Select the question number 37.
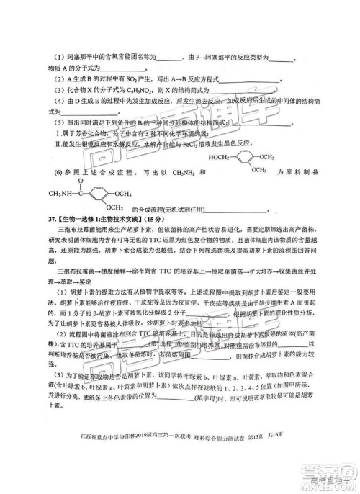(33, 219)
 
